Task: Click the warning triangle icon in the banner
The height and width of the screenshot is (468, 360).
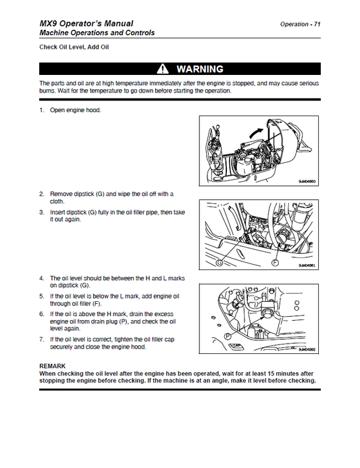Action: [x=163, y=69]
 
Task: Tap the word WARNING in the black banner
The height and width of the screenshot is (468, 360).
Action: [x=200, y=70]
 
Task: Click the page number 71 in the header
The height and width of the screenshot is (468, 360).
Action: [x=317, y=24]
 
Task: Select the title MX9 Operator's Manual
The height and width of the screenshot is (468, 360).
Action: [x=86, y=24]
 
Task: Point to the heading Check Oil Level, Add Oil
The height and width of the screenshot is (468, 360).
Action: [x=74, y=47]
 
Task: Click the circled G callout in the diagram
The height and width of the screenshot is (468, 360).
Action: [x=220, y=263]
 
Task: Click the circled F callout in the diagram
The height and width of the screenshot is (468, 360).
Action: [x=275, y=263]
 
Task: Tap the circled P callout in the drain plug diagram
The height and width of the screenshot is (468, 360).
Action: [x=228, y=336]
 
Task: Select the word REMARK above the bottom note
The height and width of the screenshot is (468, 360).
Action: [x=53, y=366]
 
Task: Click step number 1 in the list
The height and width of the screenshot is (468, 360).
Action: [x=42, y=110]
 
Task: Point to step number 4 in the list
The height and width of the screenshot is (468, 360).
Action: [x=42, y=278]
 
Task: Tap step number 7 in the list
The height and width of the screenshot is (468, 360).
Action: [x=42, y=340]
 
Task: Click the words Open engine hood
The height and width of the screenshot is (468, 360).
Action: [x=76, y=110]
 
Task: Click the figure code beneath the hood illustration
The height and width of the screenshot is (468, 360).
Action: [x=307, y=182]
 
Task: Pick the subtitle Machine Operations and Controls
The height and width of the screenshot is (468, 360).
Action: [x=97, y=33]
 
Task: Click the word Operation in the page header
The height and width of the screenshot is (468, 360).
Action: [x=294, y=24]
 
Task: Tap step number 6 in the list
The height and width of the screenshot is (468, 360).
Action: [x=42, y=314]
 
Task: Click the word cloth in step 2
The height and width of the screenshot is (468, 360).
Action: [x=57, y=201]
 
